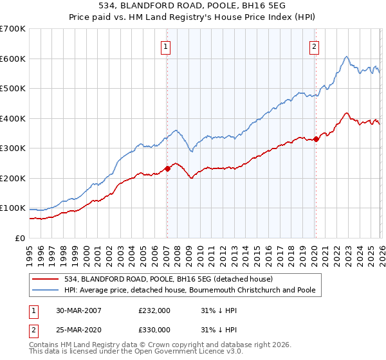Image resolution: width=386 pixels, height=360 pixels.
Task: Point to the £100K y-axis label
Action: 13,208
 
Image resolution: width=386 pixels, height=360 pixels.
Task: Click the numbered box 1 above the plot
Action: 166,46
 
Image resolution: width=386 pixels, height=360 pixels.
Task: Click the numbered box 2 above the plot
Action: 314,46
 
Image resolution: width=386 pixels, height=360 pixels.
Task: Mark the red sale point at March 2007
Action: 167,168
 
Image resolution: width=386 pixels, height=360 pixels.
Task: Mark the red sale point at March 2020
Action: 315,139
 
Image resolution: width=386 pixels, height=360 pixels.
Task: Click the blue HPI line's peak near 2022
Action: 346,57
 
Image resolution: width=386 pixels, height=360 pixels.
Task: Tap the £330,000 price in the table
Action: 154,329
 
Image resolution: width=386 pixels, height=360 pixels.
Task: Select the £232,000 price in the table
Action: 154,310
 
